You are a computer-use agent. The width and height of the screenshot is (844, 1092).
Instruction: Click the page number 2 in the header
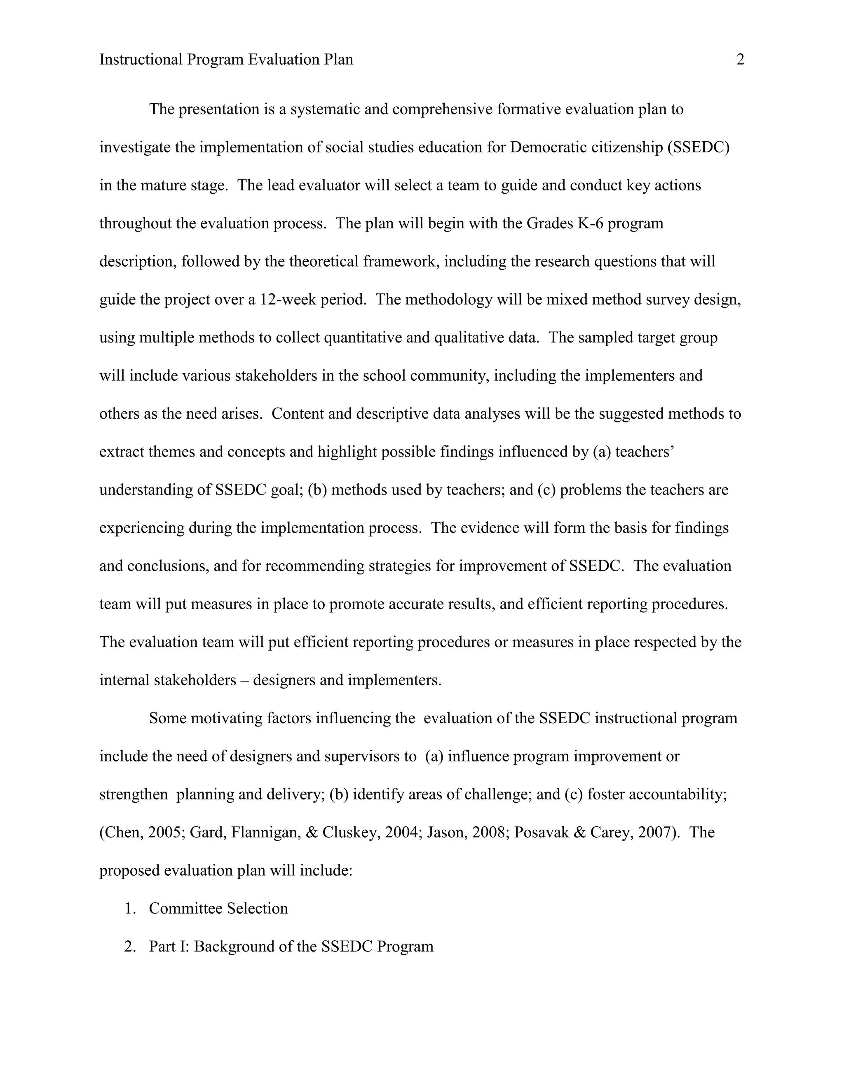tap(741, 60)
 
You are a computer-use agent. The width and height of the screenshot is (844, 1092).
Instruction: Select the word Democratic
tap(548, 148)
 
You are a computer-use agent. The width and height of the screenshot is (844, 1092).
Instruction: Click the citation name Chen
tap(123, 832)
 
